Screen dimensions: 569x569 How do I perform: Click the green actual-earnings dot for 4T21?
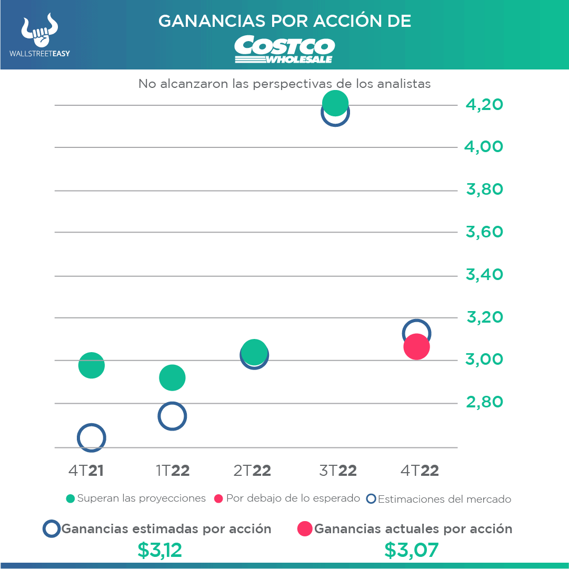tap(91, 365)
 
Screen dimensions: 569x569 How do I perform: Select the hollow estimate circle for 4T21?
tap(91, 437)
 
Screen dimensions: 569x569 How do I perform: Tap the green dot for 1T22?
tap(172, 377)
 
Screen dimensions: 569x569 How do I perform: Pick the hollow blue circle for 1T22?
tap(172, 416)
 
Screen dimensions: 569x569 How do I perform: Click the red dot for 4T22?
tap(416, 347)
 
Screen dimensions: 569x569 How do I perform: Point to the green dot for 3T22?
tap(335, 103)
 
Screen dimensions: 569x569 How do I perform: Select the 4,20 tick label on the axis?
tap(484, 105)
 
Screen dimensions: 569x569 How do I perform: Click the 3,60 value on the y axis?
tap(484, 232)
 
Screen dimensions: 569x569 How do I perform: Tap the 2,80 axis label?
tap(484, 403)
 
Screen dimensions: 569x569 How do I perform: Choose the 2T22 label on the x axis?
tap(252, 471)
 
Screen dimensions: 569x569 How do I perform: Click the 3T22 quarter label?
tap(338, 471)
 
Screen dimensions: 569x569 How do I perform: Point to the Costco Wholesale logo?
tap(284, 49)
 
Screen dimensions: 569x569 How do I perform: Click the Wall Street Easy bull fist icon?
tap(39, 31)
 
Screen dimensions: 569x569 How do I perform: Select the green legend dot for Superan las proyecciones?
tap(71, 498)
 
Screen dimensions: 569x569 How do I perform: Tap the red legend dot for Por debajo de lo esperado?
tap(219, 498)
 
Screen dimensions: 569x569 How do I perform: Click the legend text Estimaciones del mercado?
tap(444, 499)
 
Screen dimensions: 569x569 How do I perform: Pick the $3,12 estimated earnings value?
tap(159, 551)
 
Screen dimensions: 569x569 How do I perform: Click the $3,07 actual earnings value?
tap(411, 551)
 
